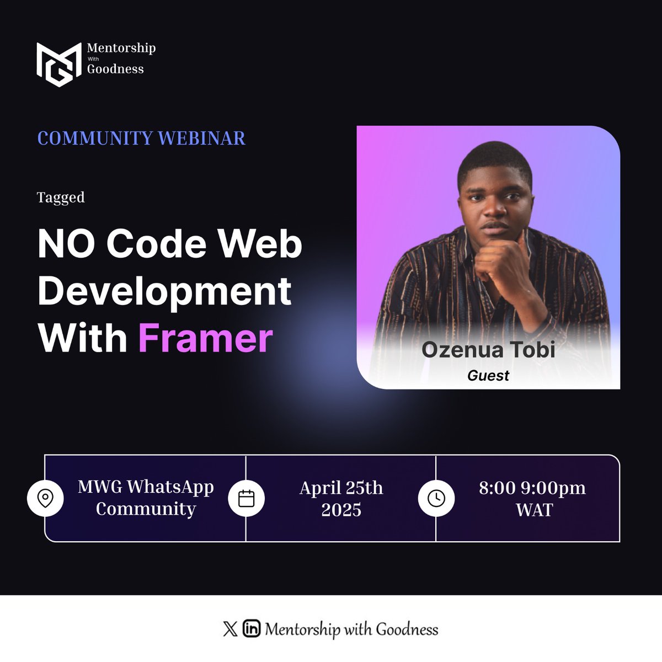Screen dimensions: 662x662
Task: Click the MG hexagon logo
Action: (55, 65)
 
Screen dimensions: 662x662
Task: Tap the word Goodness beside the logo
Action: (115, 69)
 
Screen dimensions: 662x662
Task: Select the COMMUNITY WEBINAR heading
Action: (141, 138)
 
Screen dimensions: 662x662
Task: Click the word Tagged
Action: (61, 197)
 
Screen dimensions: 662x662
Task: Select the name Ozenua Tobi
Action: (488, 350)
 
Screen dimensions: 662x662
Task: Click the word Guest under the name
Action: (488, 376)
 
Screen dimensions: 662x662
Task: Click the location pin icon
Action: (45, 498)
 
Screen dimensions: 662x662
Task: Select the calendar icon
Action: (246, 498)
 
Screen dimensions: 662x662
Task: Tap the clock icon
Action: (436, 498)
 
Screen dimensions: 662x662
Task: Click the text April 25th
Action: (341, 488)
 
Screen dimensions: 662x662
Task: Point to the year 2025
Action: (341, 510)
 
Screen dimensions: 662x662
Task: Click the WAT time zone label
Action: (534, 510)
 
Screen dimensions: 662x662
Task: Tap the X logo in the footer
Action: (230, 629)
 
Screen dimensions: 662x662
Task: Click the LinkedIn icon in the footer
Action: (252, 629)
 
